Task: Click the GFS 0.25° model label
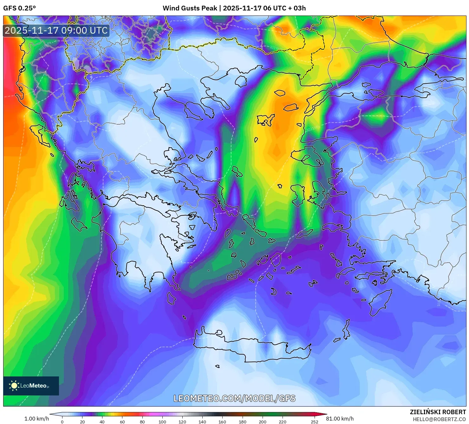[x=19, y=8]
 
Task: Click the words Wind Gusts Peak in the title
[x=190, y=8]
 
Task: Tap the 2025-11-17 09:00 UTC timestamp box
[x=56, y=30]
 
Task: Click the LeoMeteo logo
[x=31, y=386]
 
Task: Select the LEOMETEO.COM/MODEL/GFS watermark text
[x=234, y=399]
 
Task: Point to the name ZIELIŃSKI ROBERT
[x=438, y=412]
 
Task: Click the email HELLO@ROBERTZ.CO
[x=439, y=419]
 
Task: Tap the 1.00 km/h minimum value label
[x=36, y=419]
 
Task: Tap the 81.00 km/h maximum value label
[x=340, y=419]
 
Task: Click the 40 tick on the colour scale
[x=102, y=422]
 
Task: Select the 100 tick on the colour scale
[x=162, y=422]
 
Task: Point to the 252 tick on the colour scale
[x=314, y=422]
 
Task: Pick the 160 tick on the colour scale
[x=222, y=422]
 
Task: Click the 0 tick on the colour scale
[x=62, y=422]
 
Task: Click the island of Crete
[x=251, y=347]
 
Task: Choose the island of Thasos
[x=241, y=81]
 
